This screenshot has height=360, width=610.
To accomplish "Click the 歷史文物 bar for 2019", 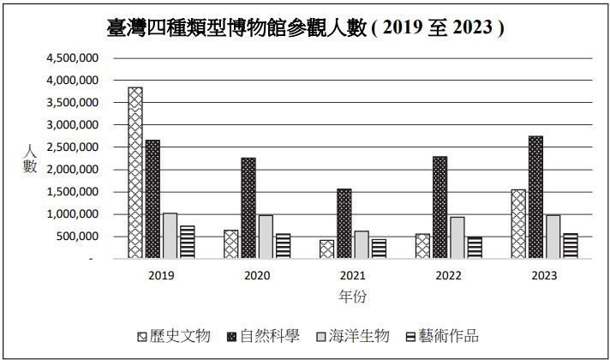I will click(135, 172).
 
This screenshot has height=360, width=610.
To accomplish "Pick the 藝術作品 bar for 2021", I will click(378, 249).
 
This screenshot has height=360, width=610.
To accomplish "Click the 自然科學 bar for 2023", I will click(535, 197).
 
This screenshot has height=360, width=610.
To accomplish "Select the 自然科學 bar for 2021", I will click(344, 224).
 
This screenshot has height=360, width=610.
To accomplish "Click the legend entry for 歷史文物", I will click(173, 336).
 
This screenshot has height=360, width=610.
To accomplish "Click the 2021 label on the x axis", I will click(352, 275).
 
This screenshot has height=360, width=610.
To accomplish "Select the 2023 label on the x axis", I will click(544, 275).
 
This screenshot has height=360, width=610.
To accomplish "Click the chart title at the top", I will click(305, 27).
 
